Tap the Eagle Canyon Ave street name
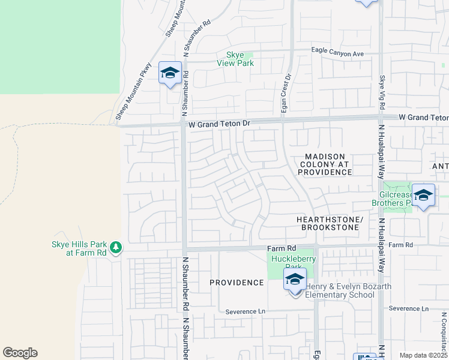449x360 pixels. (337, 53)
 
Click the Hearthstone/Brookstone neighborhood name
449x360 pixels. (330, 224)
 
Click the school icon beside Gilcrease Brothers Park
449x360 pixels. (423, 196)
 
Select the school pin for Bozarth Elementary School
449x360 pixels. (295, 280)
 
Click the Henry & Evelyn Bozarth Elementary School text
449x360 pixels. (348, 290)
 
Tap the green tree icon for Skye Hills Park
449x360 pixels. (115, 247)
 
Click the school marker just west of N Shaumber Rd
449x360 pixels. (170, 74)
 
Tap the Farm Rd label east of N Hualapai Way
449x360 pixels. (401, 245)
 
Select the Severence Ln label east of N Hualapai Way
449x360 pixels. (409, 308)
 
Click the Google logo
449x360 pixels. (20, 353)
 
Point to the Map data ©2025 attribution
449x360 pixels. (423, 355)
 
